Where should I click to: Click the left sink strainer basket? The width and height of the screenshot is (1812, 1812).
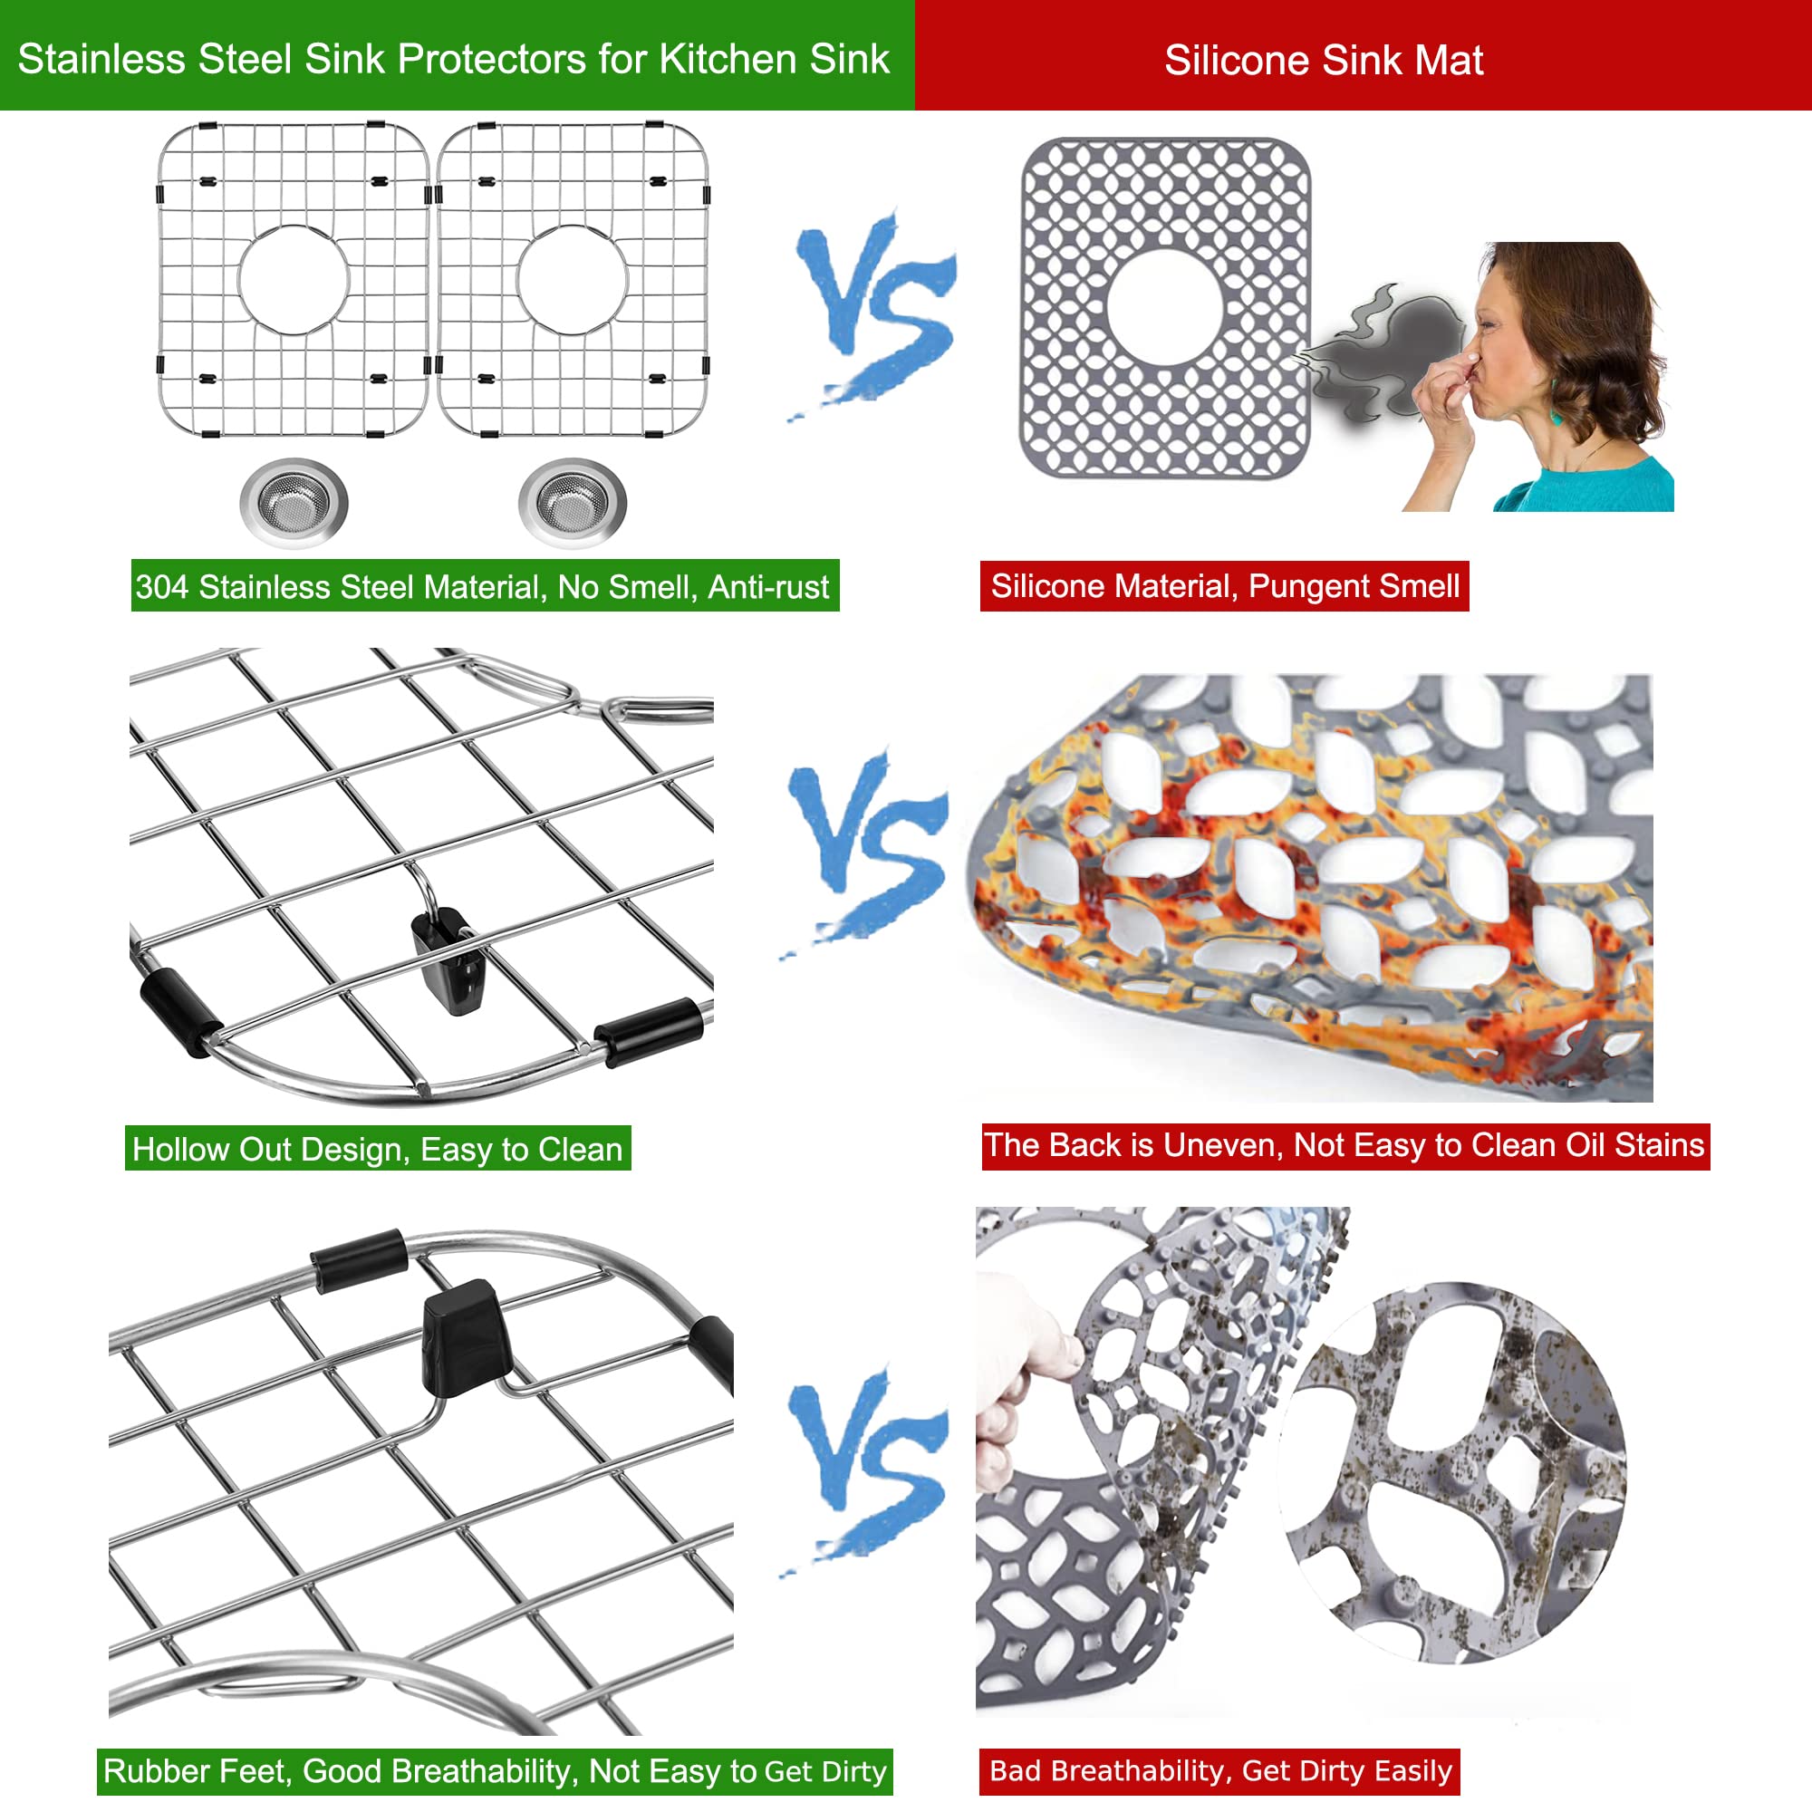click(294, 503)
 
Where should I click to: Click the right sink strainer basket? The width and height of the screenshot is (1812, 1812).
click(572, 503)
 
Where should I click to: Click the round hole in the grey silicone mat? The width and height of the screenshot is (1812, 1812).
click(1165, 307)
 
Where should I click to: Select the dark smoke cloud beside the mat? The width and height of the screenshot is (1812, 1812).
click(1379, 352)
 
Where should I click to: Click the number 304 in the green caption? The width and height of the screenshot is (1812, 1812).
click(162, 587)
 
